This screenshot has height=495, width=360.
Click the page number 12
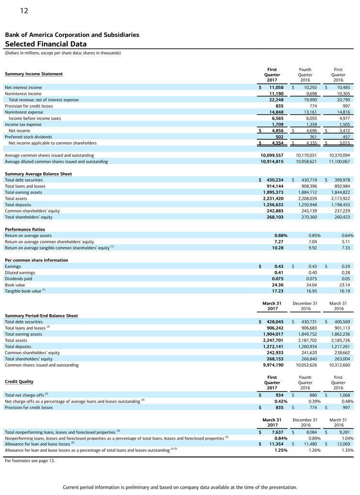(x=24, y=11)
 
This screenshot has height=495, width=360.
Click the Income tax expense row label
(x=23, y=124)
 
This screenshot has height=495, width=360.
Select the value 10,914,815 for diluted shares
(x=269, y=161)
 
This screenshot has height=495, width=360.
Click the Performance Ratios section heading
(x=25, y=229)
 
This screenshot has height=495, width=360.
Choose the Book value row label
(x=15, y=284)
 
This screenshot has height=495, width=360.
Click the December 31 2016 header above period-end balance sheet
(x=305, y=306)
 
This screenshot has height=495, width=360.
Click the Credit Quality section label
(x=19, y=382)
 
